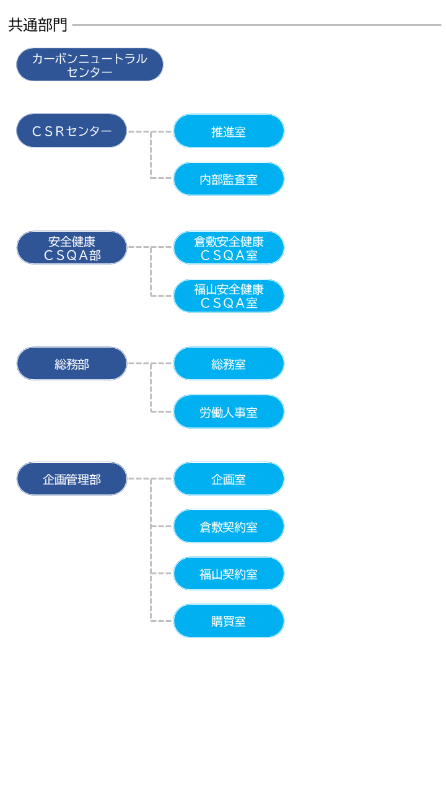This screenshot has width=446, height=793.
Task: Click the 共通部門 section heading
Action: (x=38, y=25)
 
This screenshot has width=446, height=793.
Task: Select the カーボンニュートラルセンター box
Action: (x=90, y=64)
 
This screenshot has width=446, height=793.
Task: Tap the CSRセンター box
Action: (x=72, y=131)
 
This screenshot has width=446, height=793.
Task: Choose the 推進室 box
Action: (x=229, y=131)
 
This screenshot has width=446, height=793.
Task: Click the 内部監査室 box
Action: (x=229, y=179)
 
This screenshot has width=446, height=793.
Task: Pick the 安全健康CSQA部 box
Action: (x=72, y=248)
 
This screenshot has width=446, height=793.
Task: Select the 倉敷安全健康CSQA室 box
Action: (x=229, y=248)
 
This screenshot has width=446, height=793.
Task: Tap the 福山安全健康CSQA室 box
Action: (x=229, y=296)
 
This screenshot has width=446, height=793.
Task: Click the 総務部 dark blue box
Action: (x=72, y=364)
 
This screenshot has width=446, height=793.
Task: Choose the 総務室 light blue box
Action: (x=229, y=364)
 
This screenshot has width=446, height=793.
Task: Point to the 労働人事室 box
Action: (x=229, y=412)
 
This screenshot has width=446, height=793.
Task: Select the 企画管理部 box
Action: (x=72, y=479)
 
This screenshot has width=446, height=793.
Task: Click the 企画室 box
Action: (x=229, y=479)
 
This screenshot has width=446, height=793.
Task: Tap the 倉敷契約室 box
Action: (x=229, y=527)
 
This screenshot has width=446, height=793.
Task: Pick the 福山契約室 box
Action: (x=229, y=574)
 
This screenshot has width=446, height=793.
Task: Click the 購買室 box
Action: (x=229, y=621)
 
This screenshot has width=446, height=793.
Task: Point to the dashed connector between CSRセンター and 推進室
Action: (x=139, y=131)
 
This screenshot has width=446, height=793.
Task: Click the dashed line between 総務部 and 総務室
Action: (x=139, y=364)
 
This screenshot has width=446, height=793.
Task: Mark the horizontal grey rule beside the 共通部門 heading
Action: (x=256, y=25)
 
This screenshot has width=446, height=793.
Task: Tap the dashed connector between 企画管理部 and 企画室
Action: (x=139, y=479)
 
